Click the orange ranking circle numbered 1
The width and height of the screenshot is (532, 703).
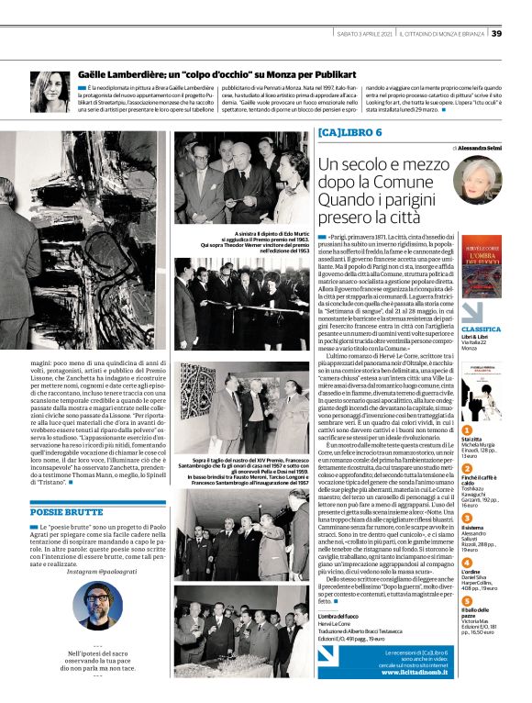[x=467, y=430]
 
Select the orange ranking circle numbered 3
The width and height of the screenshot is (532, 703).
[x=467, y=518]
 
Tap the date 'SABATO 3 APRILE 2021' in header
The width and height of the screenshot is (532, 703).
[x=374, y=34]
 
